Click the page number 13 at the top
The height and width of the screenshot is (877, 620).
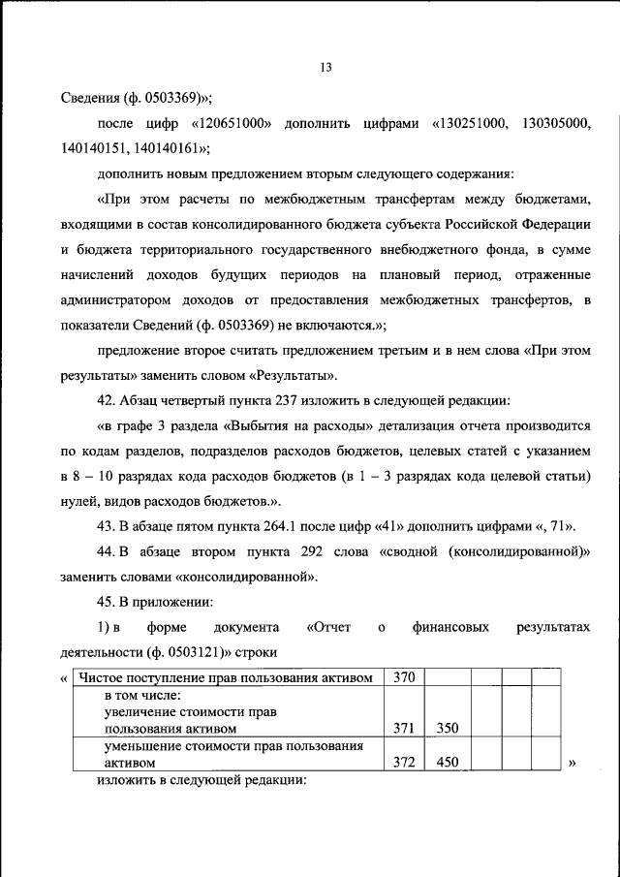(325, 67)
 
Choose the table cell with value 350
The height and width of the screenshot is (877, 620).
(447, 727)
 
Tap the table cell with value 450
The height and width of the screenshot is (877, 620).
(447, 762)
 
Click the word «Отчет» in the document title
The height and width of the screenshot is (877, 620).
(329, 627)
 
